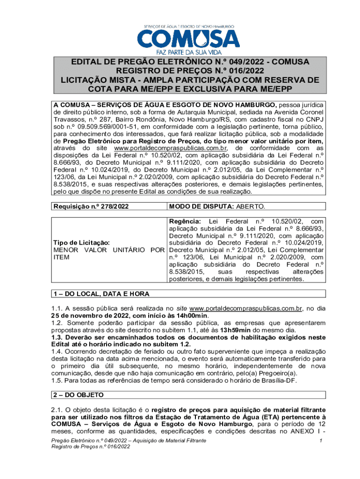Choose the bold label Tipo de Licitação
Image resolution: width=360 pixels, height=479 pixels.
coord(82,242)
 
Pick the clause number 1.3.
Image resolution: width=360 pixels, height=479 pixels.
coord(58,338)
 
